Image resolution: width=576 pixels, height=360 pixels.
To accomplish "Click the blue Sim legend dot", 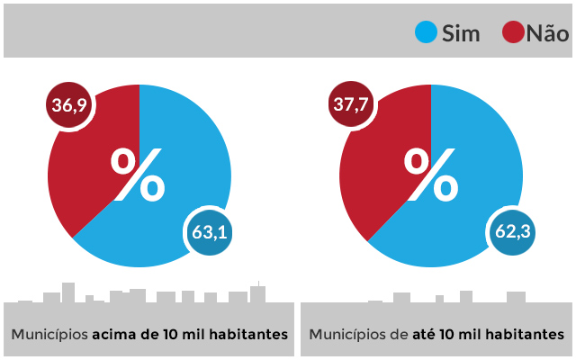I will click(x=426, y=33).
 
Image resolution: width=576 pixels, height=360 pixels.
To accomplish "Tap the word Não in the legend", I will click(x=547, y=34).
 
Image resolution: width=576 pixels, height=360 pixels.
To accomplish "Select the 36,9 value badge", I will click(x=69, y=106).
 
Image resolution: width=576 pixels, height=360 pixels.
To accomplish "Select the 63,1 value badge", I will click(x=208, y=231).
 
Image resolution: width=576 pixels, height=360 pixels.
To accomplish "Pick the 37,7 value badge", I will click(x=351, y=106).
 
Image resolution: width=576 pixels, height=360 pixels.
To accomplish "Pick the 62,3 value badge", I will click(x=512, y=231).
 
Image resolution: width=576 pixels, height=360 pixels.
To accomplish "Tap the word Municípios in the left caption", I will click(x=49, y=334).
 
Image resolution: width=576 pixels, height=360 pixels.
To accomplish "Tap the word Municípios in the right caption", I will click(x=346, y=334).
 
